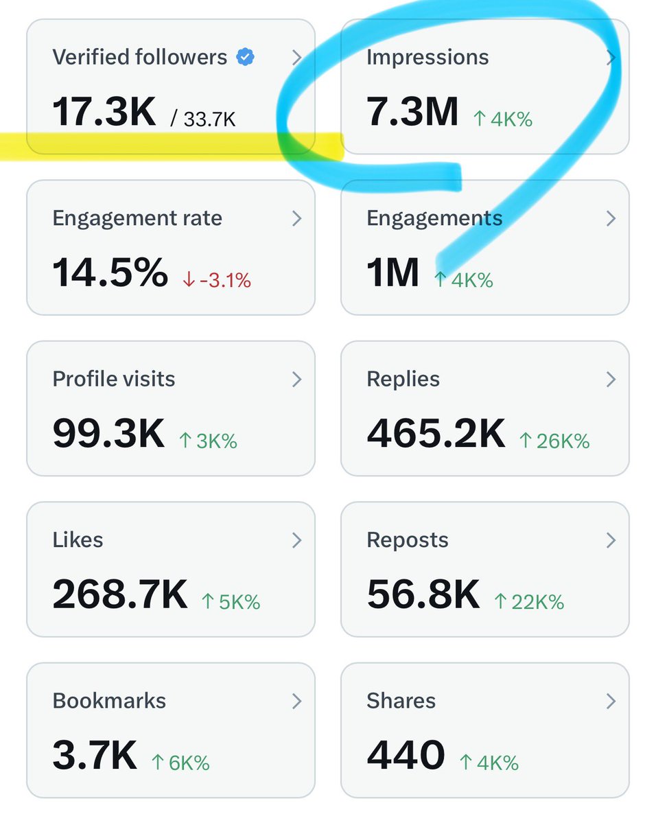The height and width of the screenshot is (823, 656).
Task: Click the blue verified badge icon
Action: [x=245, y=57]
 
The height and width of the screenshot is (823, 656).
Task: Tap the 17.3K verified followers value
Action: [x=104, y=112]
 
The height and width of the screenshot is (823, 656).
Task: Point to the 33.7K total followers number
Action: [x=209, y=120]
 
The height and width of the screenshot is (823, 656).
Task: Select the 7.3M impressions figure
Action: [x=412, y=112]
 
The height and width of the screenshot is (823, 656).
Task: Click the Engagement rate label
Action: [x=137, y=218]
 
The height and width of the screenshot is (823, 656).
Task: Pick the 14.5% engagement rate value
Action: [x=110, y=273]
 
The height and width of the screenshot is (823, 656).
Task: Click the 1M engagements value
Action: [x=393, y=273]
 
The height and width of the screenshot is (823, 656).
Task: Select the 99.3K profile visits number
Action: [x=108, y=434]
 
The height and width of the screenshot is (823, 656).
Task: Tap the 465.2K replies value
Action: [x=436, y=434]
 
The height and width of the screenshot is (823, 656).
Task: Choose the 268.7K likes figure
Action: [x=120, y=595]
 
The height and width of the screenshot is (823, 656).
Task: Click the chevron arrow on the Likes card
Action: [x=296, y=540]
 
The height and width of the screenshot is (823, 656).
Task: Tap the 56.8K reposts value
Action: [x=423, y=595]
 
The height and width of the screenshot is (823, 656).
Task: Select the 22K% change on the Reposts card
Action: [x=529, y=602]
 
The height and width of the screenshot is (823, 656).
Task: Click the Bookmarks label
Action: [x=109, y=701]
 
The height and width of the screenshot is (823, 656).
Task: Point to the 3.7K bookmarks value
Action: [x=95, y=756]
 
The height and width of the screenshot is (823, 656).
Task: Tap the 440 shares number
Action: [x=406, y=756]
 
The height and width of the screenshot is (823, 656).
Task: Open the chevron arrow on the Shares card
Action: [x=611, y=701]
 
